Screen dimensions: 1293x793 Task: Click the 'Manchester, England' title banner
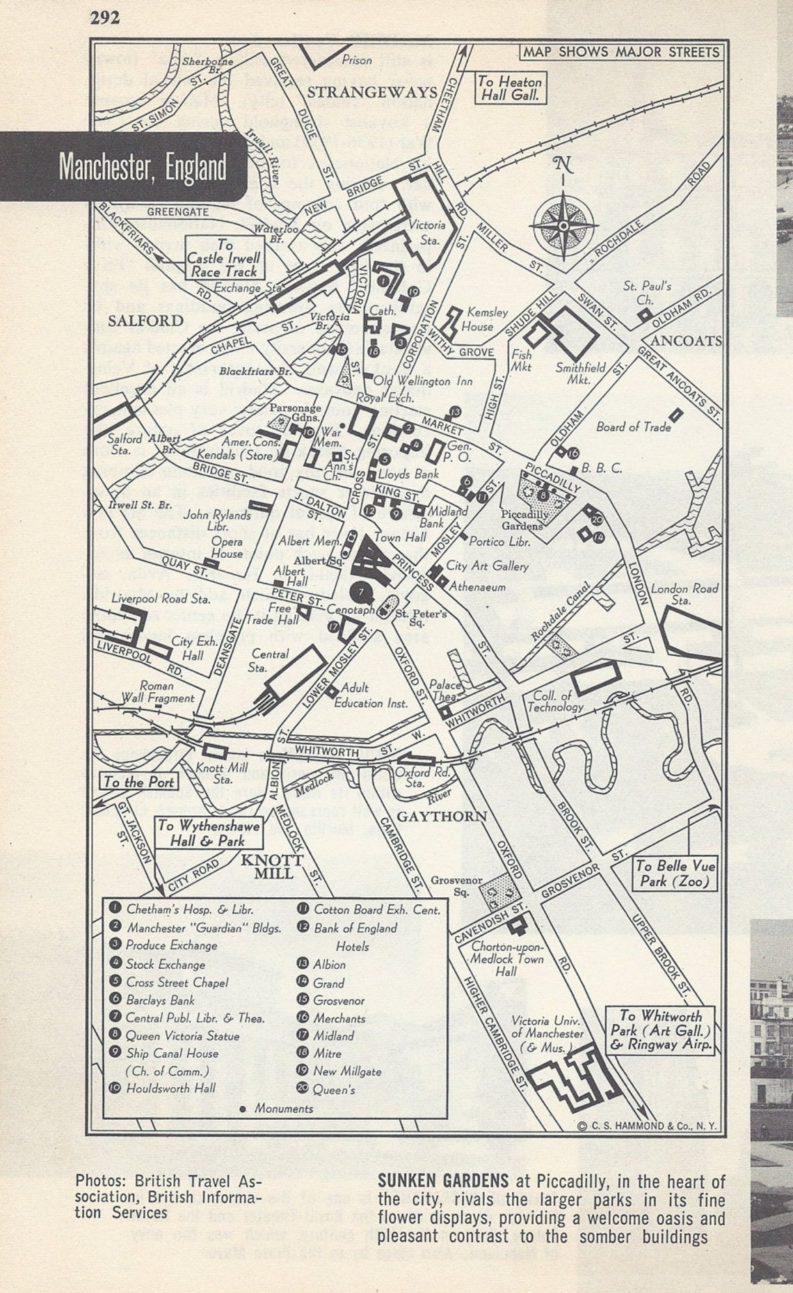tap(143, 167)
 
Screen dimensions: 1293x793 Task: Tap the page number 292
tap(105, 17)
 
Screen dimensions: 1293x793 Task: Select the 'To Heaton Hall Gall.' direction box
tap(509, 88)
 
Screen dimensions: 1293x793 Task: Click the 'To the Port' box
tap(138, 782)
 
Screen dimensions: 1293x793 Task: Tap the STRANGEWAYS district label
tap(372, 92)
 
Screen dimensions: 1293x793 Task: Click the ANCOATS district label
tap(686, 341)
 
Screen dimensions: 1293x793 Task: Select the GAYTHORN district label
tap(441, 815)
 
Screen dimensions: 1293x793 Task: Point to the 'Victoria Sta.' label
tap(426, 232)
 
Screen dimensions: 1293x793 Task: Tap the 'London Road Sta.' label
tap(684, 593)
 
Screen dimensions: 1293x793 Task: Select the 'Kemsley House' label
tap(486, 319)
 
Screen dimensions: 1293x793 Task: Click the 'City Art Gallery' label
tap(488, 566)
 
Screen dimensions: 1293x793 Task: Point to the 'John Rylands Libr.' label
tap(217, 520)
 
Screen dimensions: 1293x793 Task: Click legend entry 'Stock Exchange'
tap(165, 964)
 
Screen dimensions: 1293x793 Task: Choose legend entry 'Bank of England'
tap(355, 928)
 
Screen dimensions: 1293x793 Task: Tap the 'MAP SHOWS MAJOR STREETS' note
tap(620, 52)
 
